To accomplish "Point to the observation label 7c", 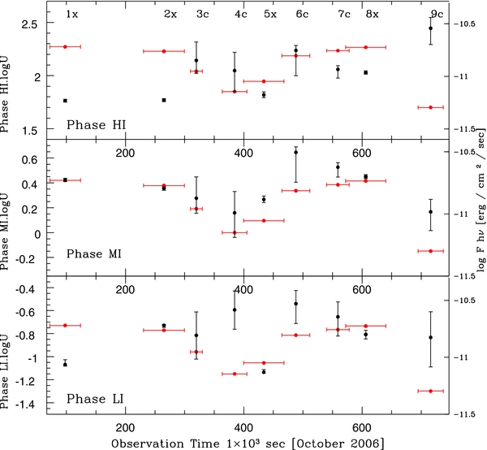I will pos(344,15).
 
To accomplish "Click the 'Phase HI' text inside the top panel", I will pos(101,124).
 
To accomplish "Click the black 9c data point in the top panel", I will pos(430,28).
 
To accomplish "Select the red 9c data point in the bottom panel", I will pos(430,391).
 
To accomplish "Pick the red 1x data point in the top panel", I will pos(65,47).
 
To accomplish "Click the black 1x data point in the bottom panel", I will pos(65,364).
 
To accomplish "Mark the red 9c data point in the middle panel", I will pos(430,251).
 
